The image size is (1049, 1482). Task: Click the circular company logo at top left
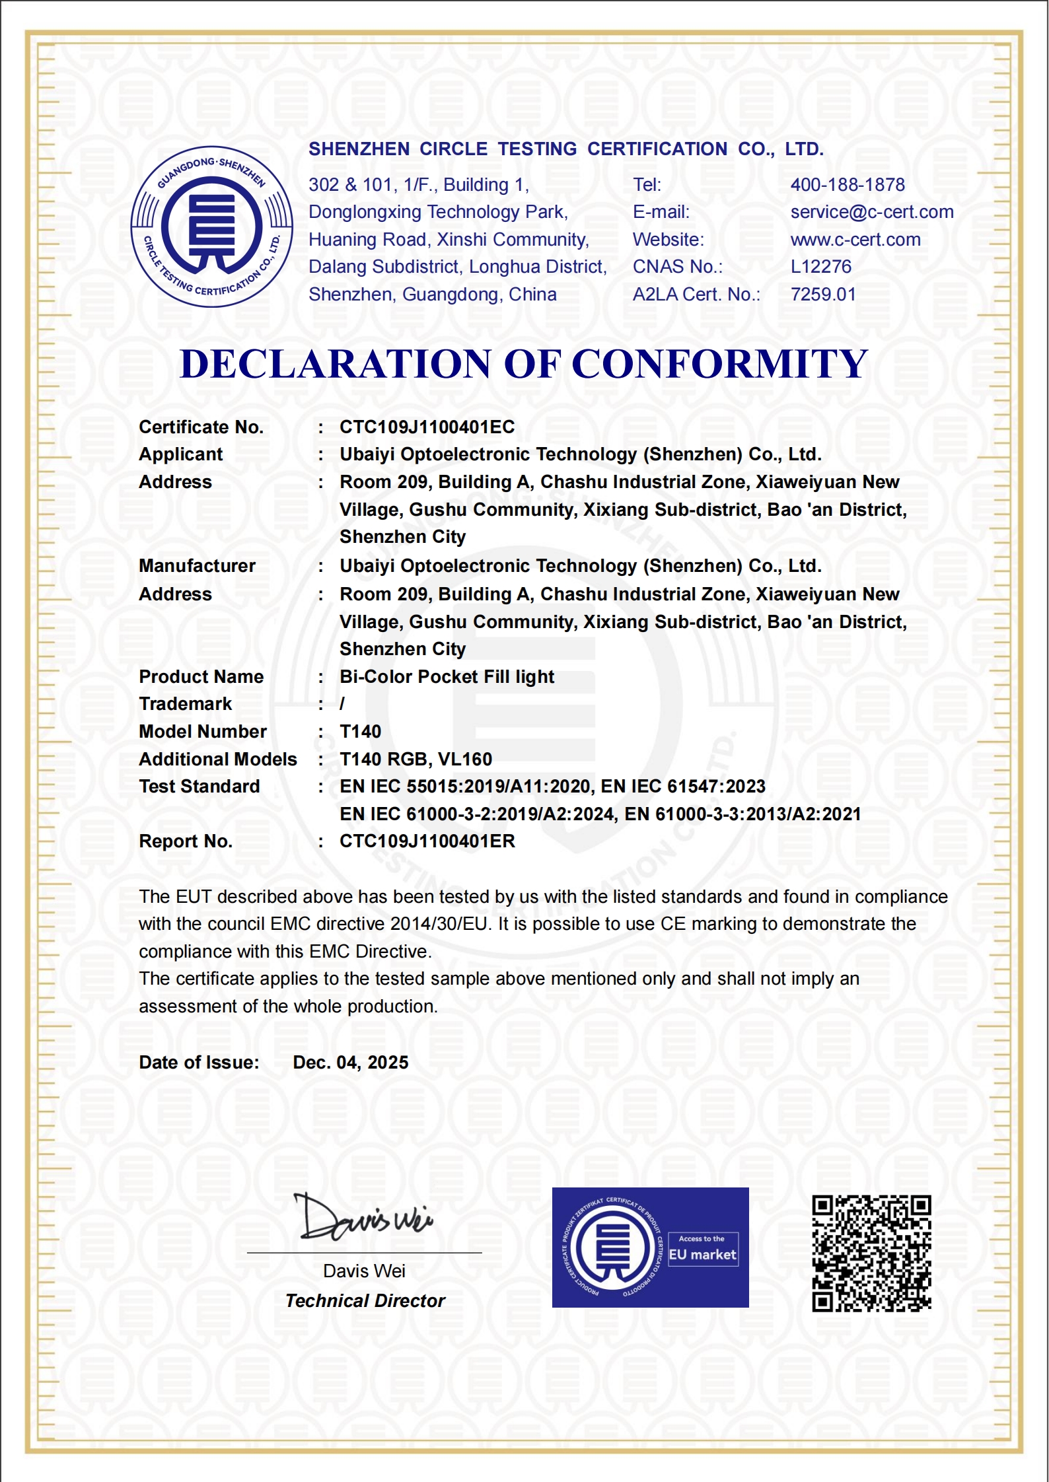point(211,227)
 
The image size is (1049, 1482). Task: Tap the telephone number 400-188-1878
point(848,185)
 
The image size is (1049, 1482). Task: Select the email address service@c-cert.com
point(872,212)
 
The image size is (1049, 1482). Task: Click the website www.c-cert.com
point(855,240)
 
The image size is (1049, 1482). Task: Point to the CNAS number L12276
point(821,267)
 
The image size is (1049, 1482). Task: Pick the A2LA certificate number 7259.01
point(823,295)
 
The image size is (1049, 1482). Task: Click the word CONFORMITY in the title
point(719,364)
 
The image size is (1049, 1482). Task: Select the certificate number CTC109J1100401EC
point(427,427)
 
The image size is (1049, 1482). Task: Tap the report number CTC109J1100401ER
point(427,841)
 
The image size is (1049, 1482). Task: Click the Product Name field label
point(201,677)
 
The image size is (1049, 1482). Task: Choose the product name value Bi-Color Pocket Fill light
point(447,677)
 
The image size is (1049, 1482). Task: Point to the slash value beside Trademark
point(342,705)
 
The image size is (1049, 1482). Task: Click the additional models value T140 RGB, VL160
point(416,759)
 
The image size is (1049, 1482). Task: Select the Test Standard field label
point(199,787)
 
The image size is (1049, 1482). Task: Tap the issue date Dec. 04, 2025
point(350,1063)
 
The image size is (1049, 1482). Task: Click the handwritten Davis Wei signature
point(364,1217)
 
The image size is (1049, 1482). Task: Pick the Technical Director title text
point(365,1301)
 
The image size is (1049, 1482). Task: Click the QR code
point(871,1253)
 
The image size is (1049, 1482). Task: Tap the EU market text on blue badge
point(702,1255)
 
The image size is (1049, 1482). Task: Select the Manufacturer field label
point(197,566)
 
